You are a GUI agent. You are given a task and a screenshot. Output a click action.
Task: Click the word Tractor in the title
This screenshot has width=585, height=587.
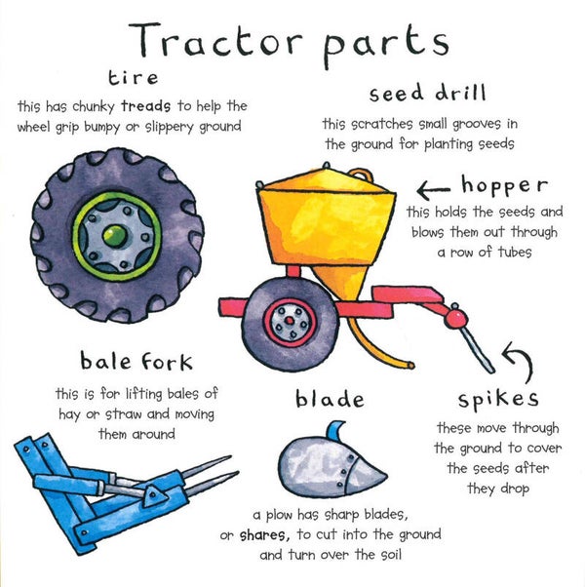tap(215, 39)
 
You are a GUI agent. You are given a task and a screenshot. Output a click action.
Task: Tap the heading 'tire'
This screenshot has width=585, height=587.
tap(134, 78)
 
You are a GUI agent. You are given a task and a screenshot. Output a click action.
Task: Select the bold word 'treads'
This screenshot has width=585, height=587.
tap(146, 106)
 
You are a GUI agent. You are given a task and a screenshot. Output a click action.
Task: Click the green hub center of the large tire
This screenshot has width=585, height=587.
tap(114, 236)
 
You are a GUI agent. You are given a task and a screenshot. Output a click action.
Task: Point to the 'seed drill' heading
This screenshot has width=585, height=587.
tap(427, 94)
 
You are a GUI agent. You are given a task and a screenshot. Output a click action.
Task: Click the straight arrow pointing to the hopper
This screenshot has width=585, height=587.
tap(434, 190)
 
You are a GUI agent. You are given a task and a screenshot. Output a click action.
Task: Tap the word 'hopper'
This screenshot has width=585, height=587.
tap(504, 185)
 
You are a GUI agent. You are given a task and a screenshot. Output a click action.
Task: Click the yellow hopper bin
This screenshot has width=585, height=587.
tap(327, 221)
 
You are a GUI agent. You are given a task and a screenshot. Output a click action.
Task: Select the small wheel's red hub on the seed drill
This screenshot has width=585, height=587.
tap(290, 321)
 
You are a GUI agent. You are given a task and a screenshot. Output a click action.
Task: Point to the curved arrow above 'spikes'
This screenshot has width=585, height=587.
tap(521, 360)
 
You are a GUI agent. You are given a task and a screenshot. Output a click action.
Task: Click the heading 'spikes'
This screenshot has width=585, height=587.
tap(498, 400)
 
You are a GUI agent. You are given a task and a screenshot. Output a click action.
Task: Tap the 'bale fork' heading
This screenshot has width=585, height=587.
tap(136, 361)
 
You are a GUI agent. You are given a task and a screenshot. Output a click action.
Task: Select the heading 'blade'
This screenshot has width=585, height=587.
tap(330, 399)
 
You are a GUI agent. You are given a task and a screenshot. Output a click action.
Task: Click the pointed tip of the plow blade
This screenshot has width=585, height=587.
tap(387, 476)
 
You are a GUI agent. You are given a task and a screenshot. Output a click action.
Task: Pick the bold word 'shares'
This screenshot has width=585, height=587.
tap(264, 535)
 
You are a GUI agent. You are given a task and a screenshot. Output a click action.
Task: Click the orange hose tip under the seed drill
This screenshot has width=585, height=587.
tap(410, 365)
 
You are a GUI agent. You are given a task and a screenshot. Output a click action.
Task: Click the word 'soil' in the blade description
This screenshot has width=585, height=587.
tap(391, 555)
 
